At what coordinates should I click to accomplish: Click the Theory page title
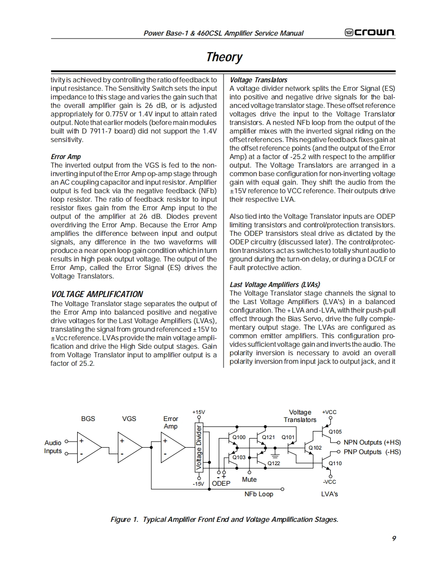(x=224, y=57)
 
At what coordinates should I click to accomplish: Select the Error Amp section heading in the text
(x=66, y=157)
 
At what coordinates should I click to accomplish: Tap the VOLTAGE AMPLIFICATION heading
(x=97, y=294)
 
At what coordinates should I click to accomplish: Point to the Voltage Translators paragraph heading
(x=259, y=80)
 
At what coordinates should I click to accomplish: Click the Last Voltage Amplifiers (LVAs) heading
(x=275, y=285)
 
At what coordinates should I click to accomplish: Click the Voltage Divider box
(x=199, y=448)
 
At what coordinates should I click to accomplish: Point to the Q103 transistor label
(x=240, y=458)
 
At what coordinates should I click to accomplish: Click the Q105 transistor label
(x=335, y=432)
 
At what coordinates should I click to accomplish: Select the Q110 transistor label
(x=335, y=463)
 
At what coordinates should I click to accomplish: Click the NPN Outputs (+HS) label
(x=372, y=443)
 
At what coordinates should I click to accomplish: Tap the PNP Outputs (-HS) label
(x=372, y=452)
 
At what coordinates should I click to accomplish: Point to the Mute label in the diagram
(x=249, y=480)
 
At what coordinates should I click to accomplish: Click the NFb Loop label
(x=259, y=494)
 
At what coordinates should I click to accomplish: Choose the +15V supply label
(x=199, y=412)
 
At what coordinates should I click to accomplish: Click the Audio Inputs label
(x=53, y=447)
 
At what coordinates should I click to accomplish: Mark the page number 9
(x=394, y=538)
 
